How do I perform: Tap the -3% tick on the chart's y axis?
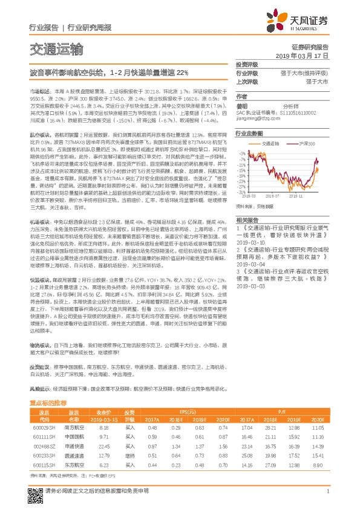(x=241, y=153)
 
